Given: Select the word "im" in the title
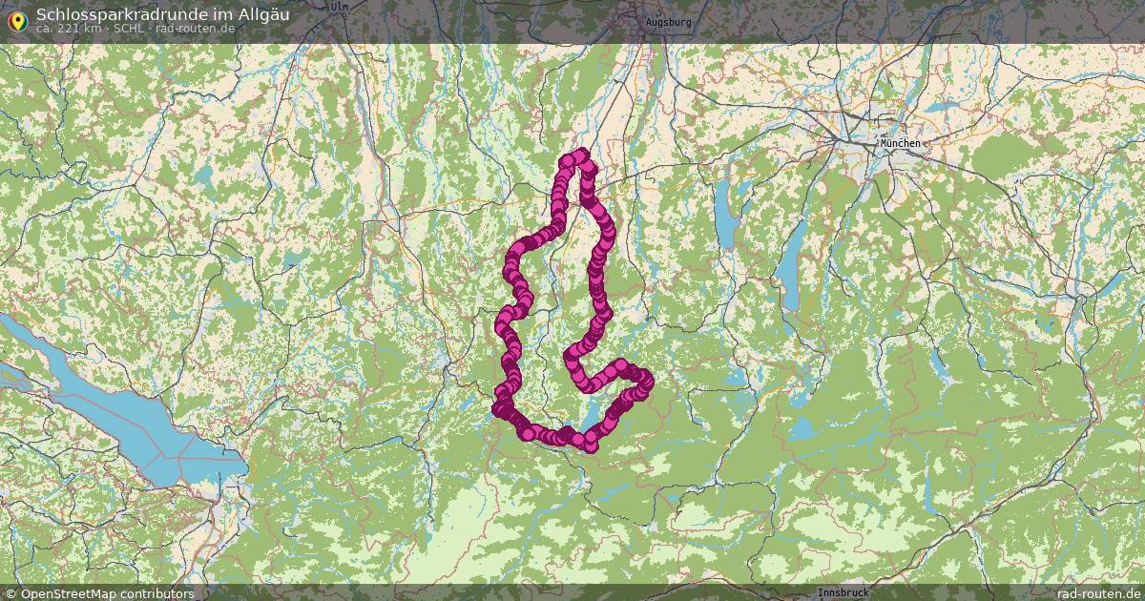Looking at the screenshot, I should pos(222,14).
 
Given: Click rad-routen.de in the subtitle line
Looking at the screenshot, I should pos(195,29).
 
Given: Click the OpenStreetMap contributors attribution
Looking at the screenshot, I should pos(107,593).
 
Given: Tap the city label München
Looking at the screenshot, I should pos(900,143).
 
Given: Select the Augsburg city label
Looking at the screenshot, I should pos(668,21).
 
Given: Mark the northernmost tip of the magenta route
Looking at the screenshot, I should pos(578,154).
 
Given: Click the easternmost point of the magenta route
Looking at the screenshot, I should pos(647,381).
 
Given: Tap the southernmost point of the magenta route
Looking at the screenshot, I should pos(590,446).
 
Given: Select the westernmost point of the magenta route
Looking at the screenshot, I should pos(497,409).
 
